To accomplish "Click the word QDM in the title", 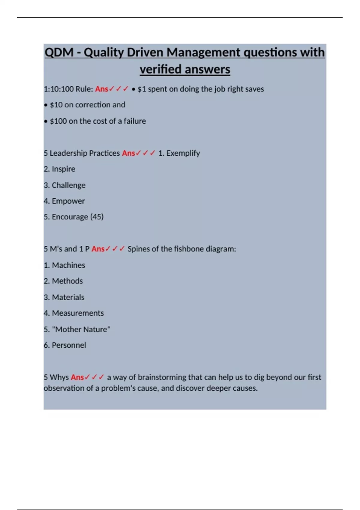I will point(59,52).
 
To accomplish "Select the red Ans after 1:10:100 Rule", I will point(101,89).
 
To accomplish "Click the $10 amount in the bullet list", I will point(56,105).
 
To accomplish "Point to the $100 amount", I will point(58,121).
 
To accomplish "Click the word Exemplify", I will point(183,153).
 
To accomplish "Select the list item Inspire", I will point(63,169).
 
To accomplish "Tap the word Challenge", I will point(68,185).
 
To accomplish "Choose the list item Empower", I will point(68,201).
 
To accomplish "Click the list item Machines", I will point(68,265).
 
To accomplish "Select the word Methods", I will point(67,281).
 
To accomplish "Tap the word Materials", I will point(68,297).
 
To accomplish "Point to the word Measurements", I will point(78,313).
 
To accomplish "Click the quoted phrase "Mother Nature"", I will point(81,329).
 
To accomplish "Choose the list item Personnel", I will point(69,345).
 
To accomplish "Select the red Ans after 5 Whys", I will point(77,377).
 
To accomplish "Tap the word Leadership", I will point(68,153).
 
